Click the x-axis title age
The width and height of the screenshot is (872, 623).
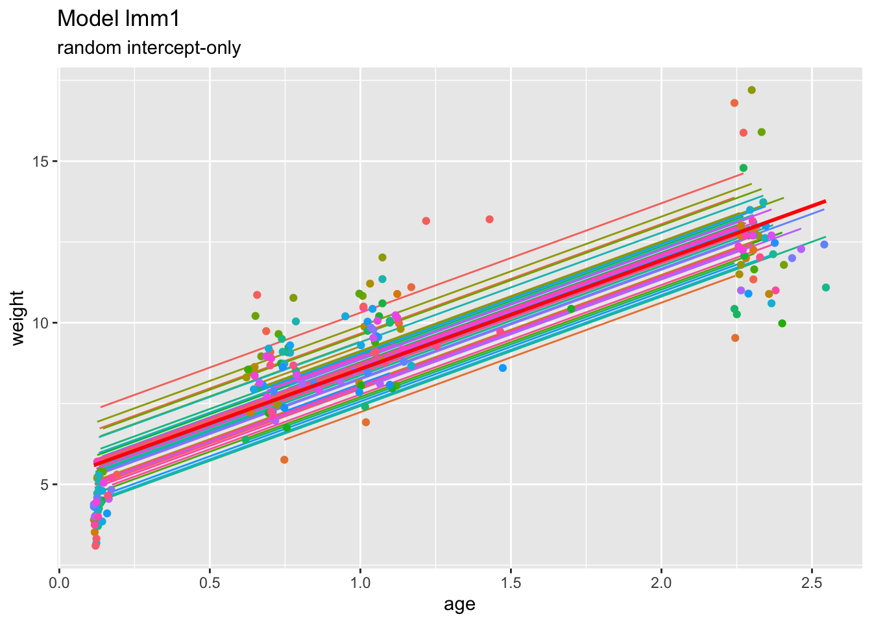coord(459,605)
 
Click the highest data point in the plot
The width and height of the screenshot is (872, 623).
coord(751,90)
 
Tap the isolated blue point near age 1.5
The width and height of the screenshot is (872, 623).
coord(502,368)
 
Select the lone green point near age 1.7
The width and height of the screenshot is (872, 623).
coord(571,309)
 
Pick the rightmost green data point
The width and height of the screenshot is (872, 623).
coord(825,287)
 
